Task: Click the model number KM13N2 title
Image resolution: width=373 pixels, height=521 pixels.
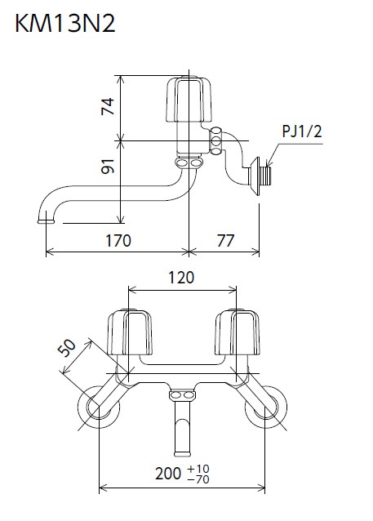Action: (x=65, y=24)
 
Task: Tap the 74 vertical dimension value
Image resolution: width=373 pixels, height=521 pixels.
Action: (x=109, y=106)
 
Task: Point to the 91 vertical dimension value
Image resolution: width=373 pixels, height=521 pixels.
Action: (x=109, y=166)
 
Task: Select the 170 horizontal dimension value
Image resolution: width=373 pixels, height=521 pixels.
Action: (x=118, y=241)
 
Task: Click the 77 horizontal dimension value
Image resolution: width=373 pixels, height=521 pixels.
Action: (x=226, y=241)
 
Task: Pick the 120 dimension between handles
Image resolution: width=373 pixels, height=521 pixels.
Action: (x=181, y=278)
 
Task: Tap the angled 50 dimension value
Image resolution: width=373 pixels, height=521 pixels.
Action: (x=67, y=348)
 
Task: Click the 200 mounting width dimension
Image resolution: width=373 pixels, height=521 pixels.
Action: (x=168, y=473)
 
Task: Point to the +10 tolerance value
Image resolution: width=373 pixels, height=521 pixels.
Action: (x=198, y=469)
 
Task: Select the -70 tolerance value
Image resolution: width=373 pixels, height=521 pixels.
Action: (x=198, y=479)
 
